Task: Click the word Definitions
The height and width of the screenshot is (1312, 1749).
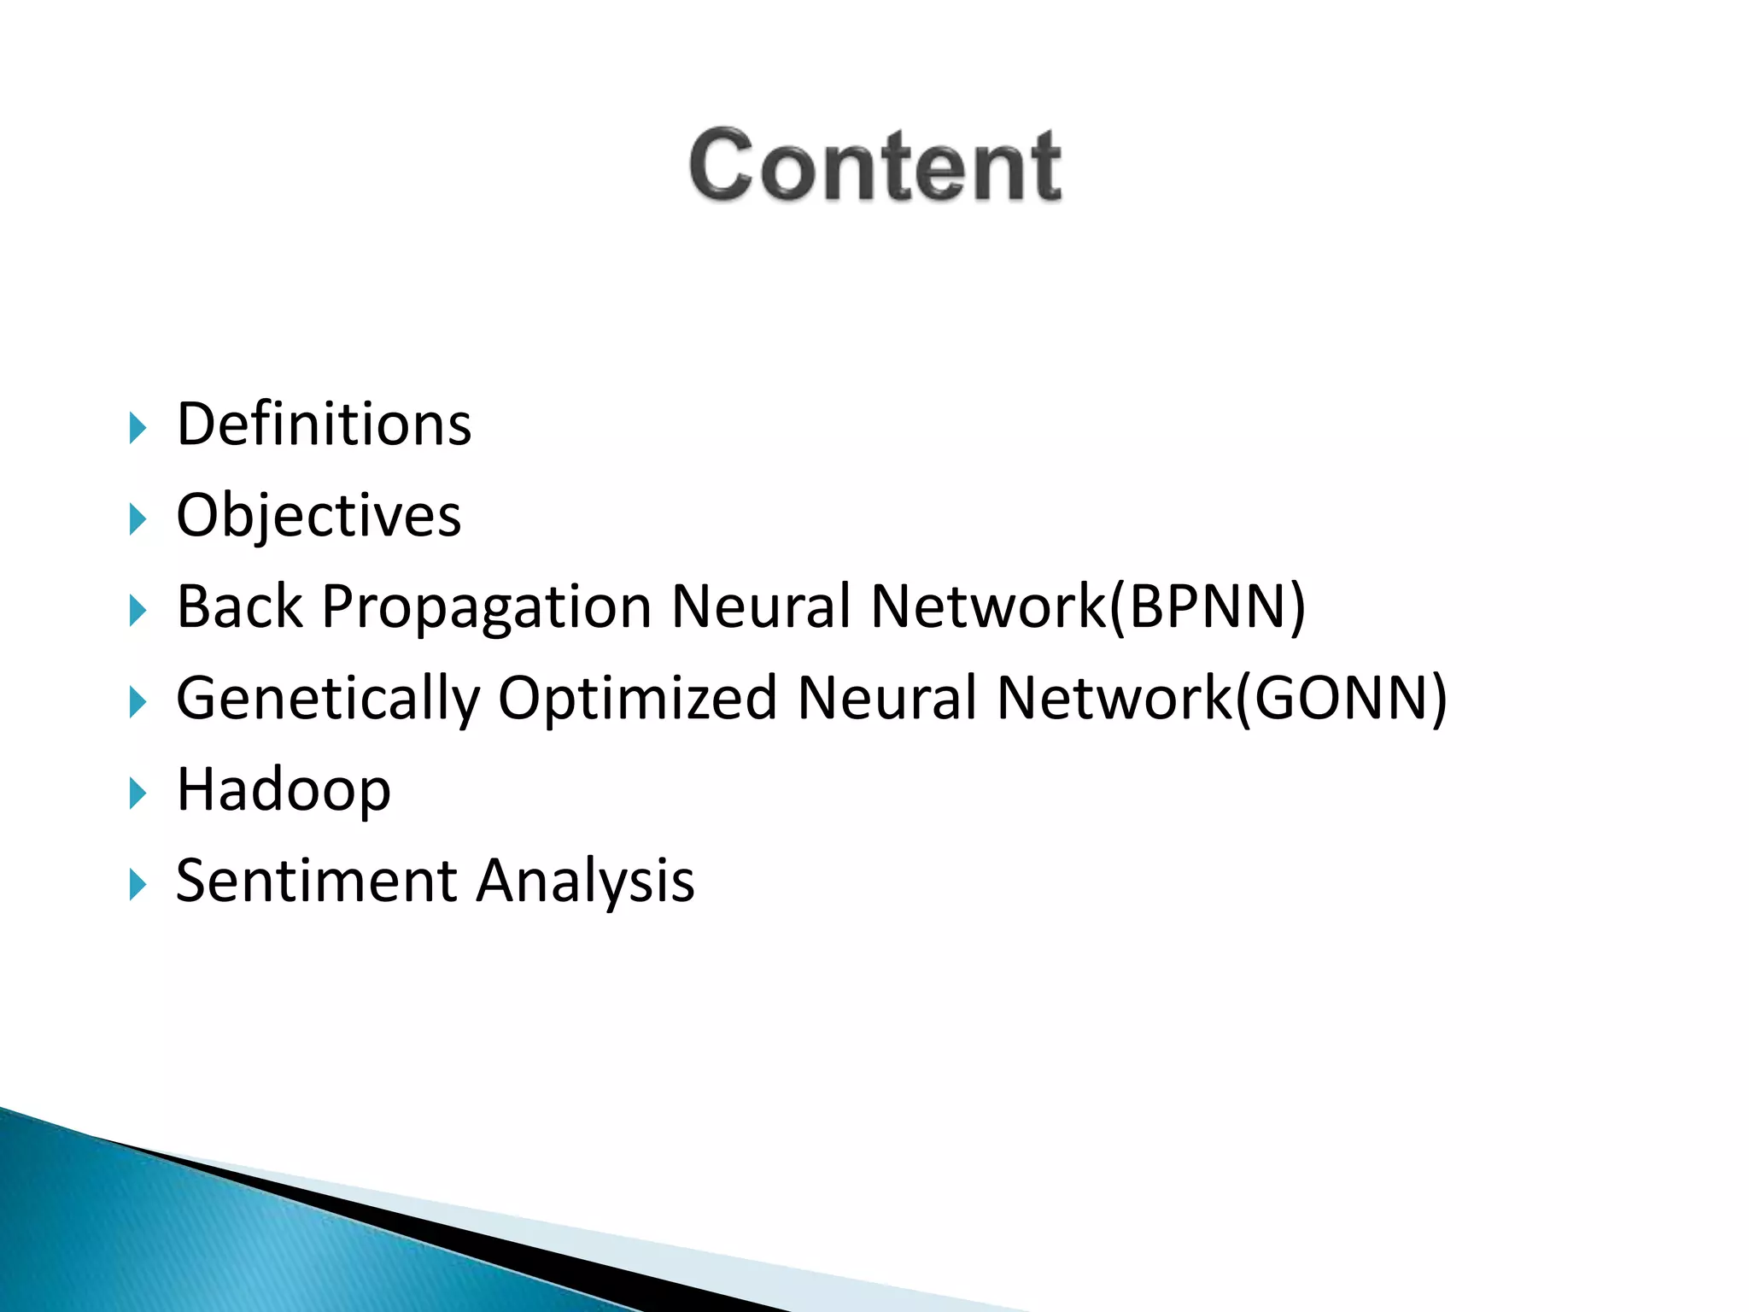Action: click(x=324, y=425)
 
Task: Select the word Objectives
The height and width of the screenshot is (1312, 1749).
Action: click(x=319, y=516)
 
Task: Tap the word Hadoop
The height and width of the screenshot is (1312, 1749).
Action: click(x=284, y=790)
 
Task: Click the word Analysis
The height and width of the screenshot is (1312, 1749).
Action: click(x=585, y=881)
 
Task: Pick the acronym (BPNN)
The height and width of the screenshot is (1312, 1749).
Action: click(x=1207, y=606)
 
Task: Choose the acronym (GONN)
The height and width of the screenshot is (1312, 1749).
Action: click(x=1341, y=698)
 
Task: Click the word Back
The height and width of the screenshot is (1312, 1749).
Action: click(x=239, y=606)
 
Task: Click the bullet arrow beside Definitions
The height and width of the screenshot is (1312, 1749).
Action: click(x=137, y=427)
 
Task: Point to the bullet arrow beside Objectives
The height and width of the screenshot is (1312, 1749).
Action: click(x=137, y=518)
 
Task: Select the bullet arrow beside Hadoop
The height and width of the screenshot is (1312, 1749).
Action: click(x=137, y=794)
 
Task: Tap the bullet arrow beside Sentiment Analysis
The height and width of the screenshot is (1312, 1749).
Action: click(x=137, y=884)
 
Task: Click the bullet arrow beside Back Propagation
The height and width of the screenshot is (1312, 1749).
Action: click(x=137, y=610)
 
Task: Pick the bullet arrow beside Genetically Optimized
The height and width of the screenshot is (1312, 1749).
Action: click(x=137, y=701)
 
